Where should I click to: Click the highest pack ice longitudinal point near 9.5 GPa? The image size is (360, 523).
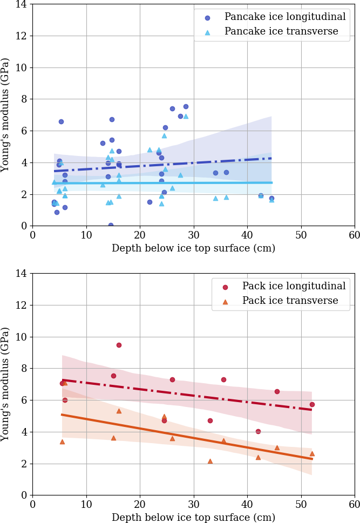tap(119, 345)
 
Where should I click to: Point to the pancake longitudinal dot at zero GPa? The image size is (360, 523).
tap(111, 225)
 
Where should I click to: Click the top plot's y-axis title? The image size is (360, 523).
tap(5, 115)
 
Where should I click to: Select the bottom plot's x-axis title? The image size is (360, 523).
tap(193, 517)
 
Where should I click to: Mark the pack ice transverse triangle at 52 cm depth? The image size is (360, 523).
tap(312, 453)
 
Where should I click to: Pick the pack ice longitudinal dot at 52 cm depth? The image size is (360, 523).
tap(312, 404)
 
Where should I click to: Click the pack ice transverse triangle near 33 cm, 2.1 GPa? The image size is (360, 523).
tap(210, 461)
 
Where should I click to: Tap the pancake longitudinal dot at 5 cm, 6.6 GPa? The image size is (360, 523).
tap(61, 121)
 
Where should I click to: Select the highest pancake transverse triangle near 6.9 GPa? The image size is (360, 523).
tap(186, 116)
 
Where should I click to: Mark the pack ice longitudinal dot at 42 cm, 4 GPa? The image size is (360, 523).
tap(258, 431)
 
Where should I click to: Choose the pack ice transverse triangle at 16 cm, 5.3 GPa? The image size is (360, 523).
tap(119, 411)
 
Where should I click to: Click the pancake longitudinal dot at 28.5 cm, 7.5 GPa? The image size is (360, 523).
tap(186, 106)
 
